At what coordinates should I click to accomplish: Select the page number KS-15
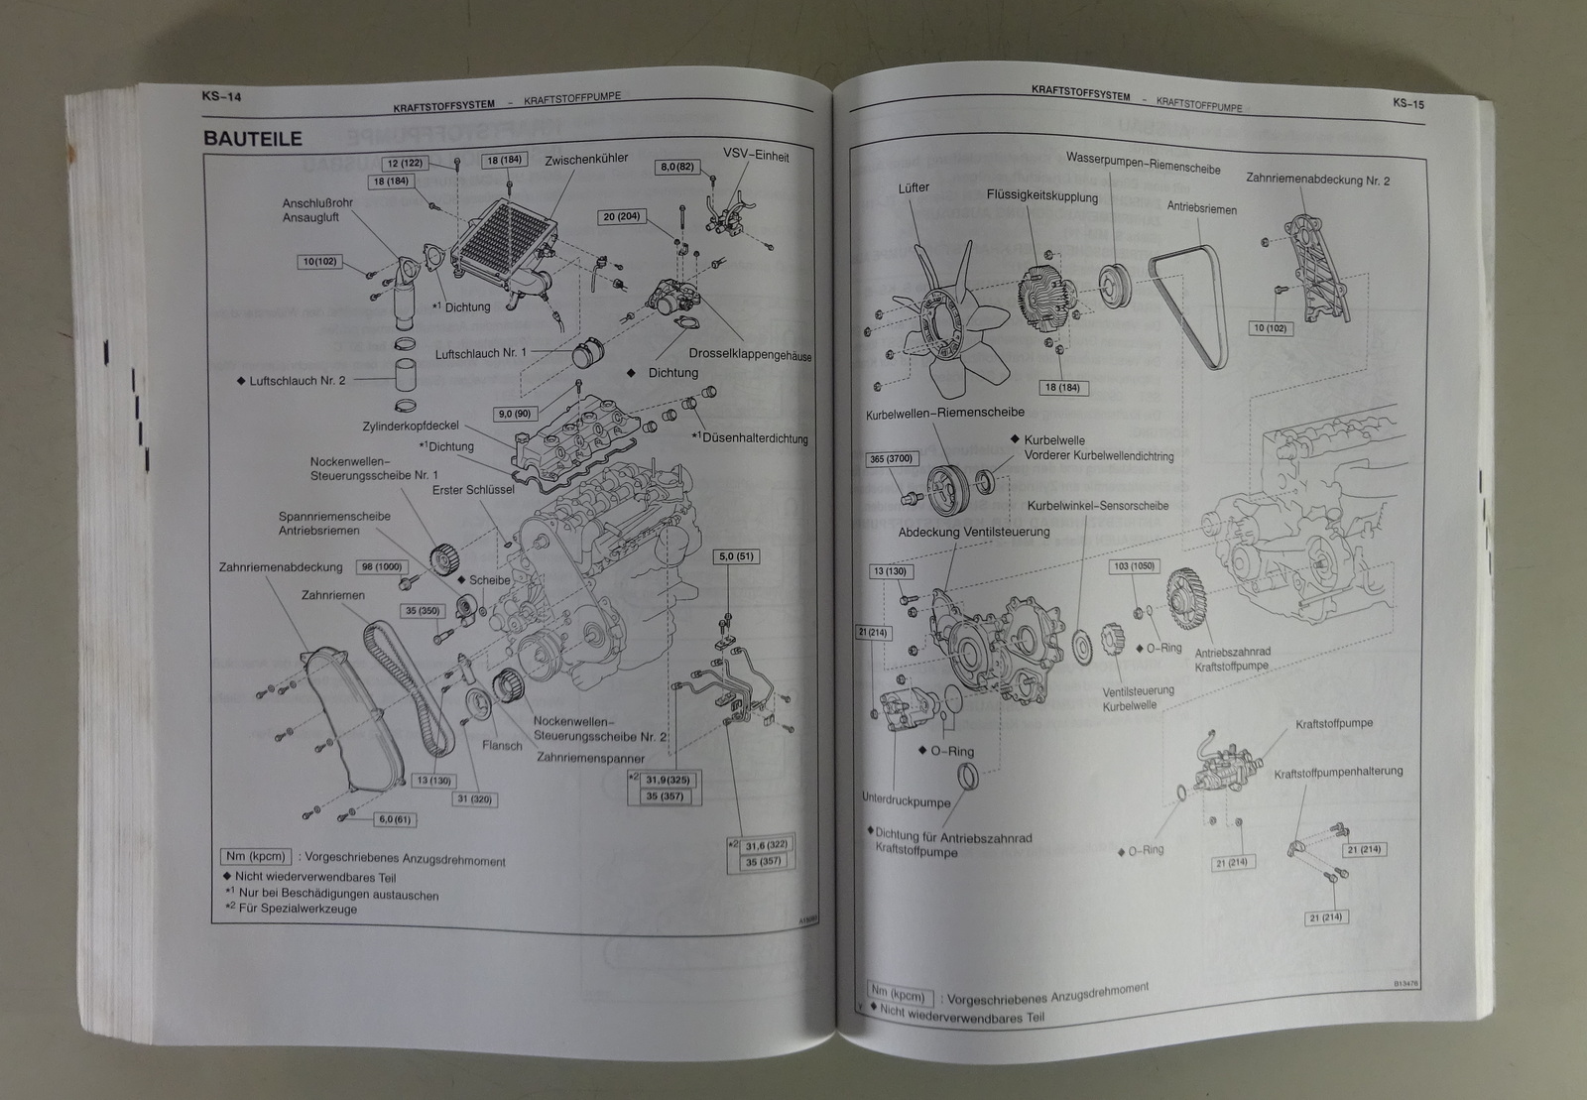click(1407, 101)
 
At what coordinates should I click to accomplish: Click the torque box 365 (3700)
click(891, 459)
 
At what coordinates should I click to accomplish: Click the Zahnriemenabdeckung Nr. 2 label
click(1317, 181)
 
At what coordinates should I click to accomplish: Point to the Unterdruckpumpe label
click(905, 802)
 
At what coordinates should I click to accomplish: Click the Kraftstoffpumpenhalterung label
click(1338, 772)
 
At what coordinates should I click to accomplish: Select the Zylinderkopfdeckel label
click(411, 426)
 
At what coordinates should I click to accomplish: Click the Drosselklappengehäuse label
click(749, 354)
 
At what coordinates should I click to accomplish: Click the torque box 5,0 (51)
click(737, 556)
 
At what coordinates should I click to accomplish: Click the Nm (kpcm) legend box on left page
click(255, 856)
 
